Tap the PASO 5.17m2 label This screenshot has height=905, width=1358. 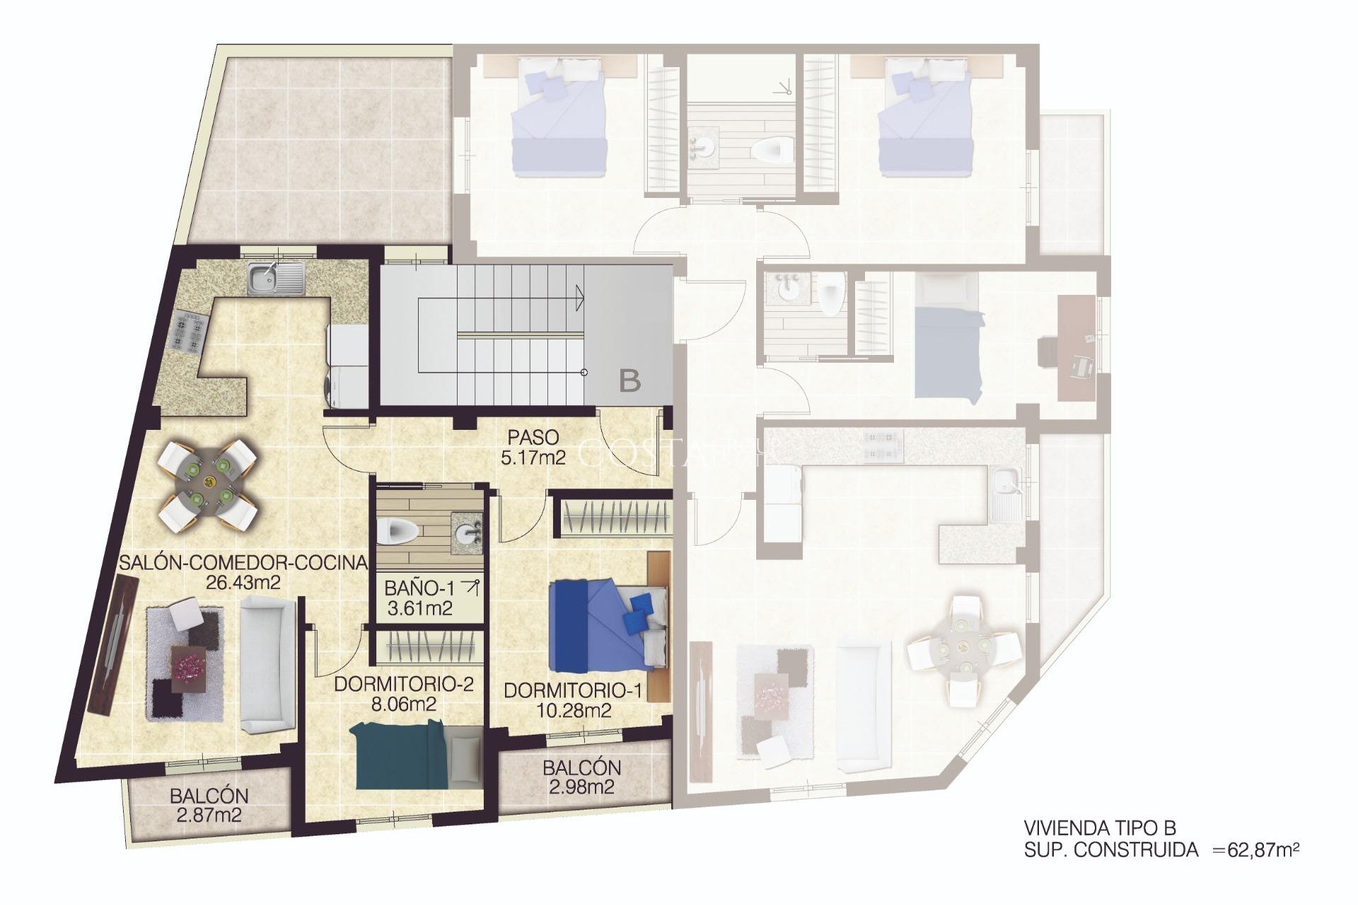[x=533, y=448]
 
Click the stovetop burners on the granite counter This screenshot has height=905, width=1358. [x=189, y=332]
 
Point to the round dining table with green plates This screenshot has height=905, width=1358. [x=208, y=484]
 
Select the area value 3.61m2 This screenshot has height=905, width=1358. [x=419, y=608]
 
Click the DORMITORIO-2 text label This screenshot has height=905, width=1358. [x=403, y=684]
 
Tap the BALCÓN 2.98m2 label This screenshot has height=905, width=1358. [x=581, y=777]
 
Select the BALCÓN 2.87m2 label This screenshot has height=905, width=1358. [x=209, y=805]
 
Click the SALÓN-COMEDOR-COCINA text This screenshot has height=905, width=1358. [x=243, y=563]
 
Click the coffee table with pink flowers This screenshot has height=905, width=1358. [x=192, y=665]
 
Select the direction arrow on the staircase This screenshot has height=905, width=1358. [x=580, y=298]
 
